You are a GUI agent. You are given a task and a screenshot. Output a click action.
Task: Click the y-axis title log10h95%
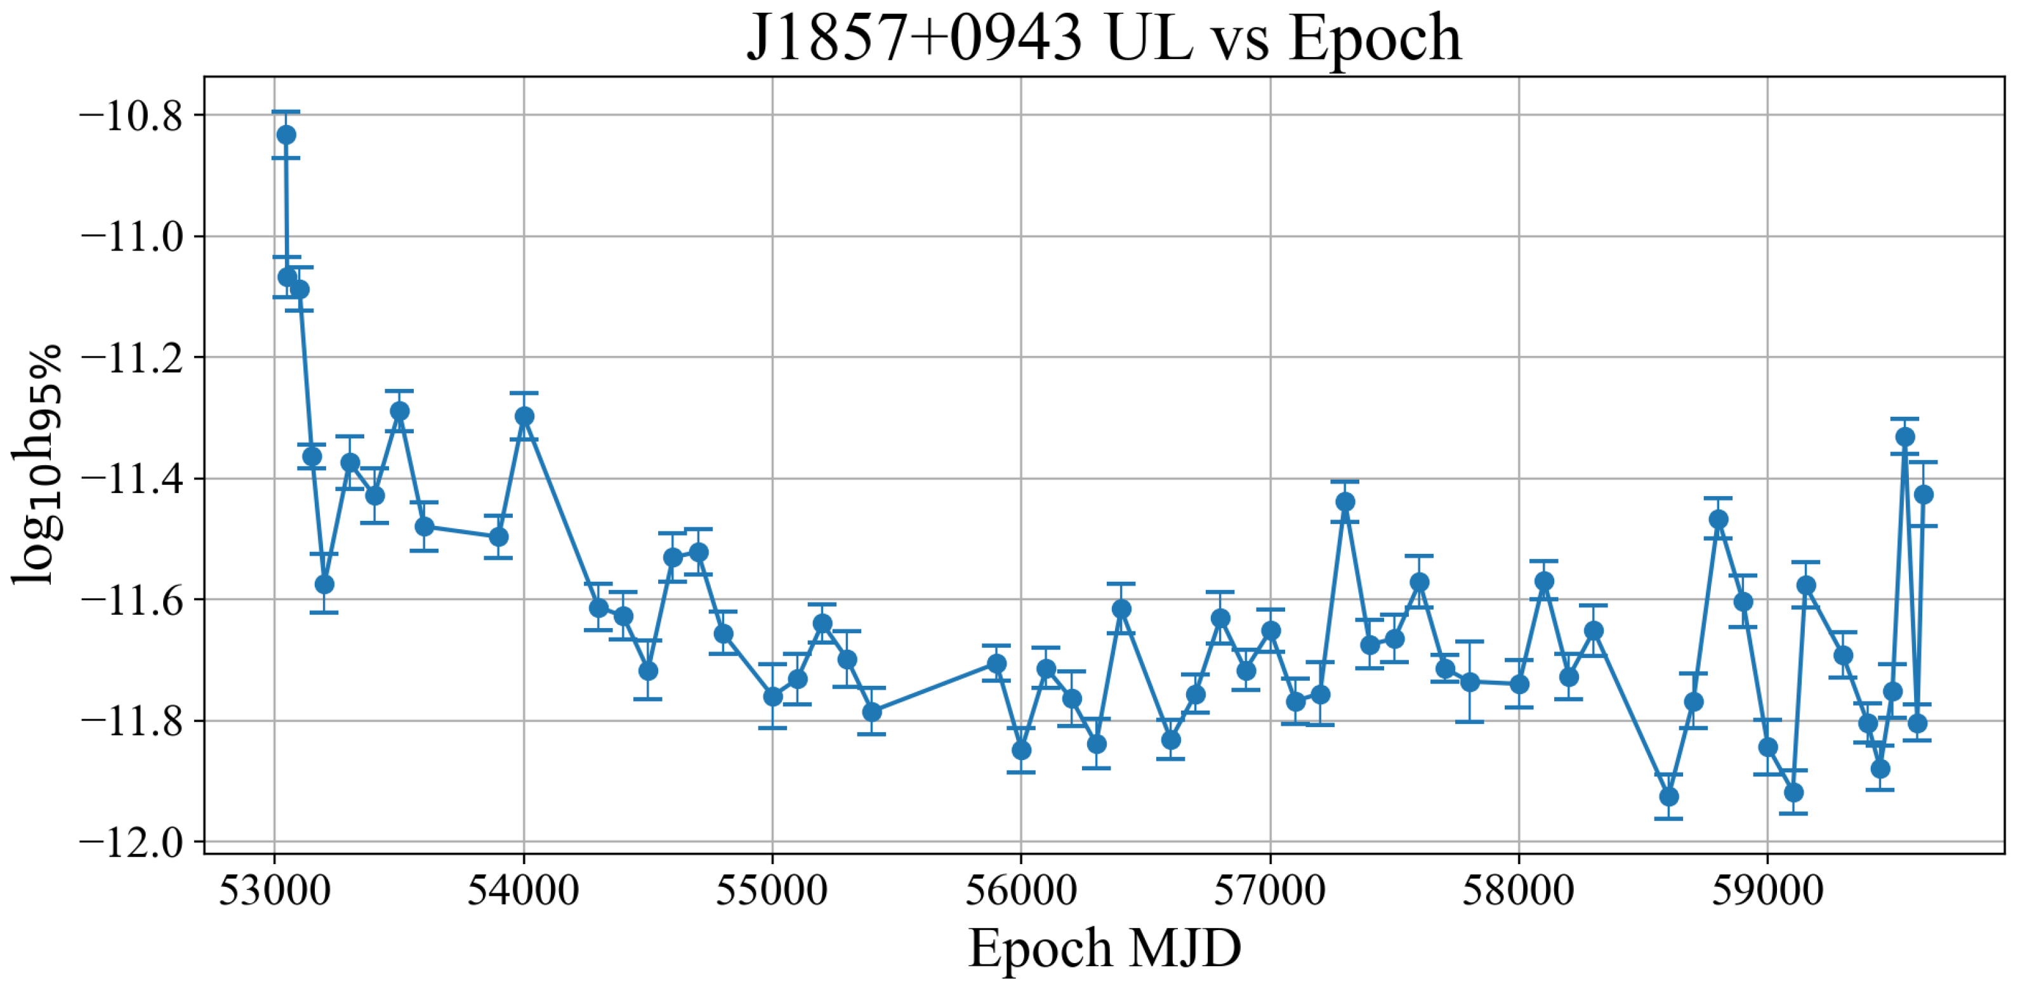(36, 464)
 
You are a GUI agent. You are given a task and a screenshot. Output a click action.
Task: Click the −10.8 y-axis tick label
(130, 116)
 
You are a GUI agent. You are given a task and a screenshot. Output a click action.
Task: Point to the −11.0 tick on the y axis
(130, 237)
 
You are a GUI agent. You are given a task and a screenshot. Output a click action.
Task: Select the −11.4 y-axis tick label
(130, 479)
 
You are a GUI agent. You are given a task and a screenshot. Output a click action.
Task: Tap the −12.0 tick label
(130, 842)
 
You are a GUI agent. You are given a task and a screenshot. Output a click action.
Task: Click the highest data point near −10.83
(286, 135)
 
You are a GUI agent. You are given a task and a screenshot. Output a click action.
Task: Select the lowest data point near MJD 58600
(1668, 797)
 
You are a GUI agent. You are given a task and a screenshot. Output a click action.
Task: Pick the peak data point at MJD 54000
(525, 416)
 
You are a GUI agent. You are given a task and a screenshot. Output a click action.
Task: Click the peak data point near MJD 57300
(1345, 501)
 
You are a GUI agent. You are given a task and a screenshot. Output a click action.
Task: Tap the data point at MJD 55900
(996, 663)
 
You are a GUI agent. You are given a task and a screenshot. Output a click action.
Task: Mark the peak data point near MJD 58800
(1718, 519)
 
